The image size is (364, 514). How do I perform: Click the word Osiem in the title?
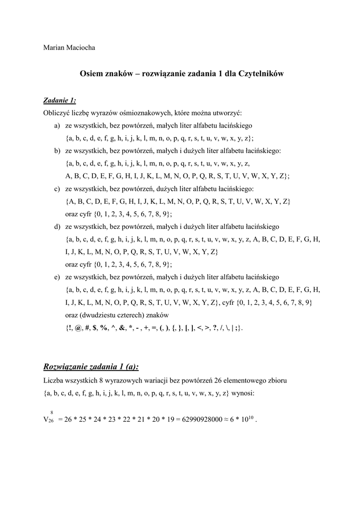(x=92, y=74)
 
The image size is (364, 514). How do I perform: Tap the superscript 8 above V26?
(x=52, y=413)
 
